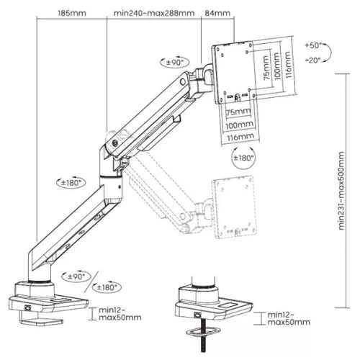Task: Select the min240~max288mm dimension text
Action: click(x=154, y=13)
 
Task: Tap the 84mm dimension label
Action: click(x=218, y=13)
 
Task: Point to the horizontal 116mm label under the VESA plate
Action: click(x=240, y=137)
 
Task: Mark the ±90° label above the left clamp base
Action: click(x=76, y=275)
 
